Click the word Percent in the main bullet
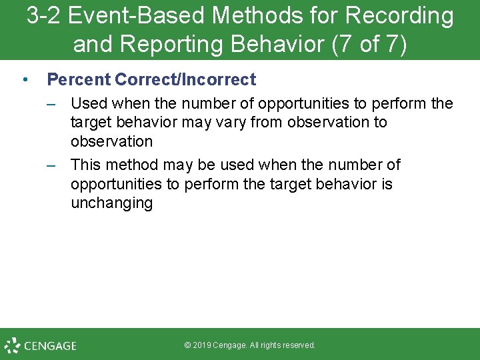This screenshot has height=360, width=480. [78, 80]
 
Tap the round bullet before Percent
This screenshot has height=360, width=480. [24, 80]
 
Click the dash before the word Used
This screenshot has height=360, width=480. [51, 103]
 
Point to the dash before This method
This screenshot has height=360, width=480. [51, 165]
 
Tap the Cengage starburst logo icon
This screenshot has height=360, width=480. [12, 345]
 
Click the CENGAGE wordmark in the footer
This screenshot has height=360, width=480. [50, 346]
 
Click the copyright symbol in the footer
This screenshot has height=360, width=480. [187, 345]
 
